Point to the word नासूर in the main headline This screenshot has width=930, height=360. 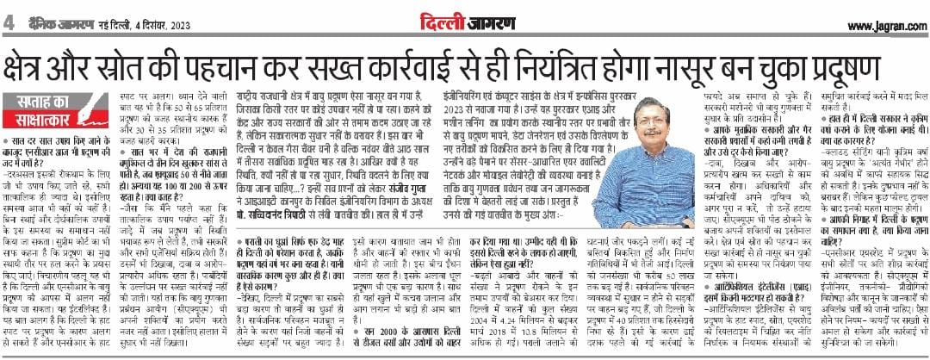tap(719, 66)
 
